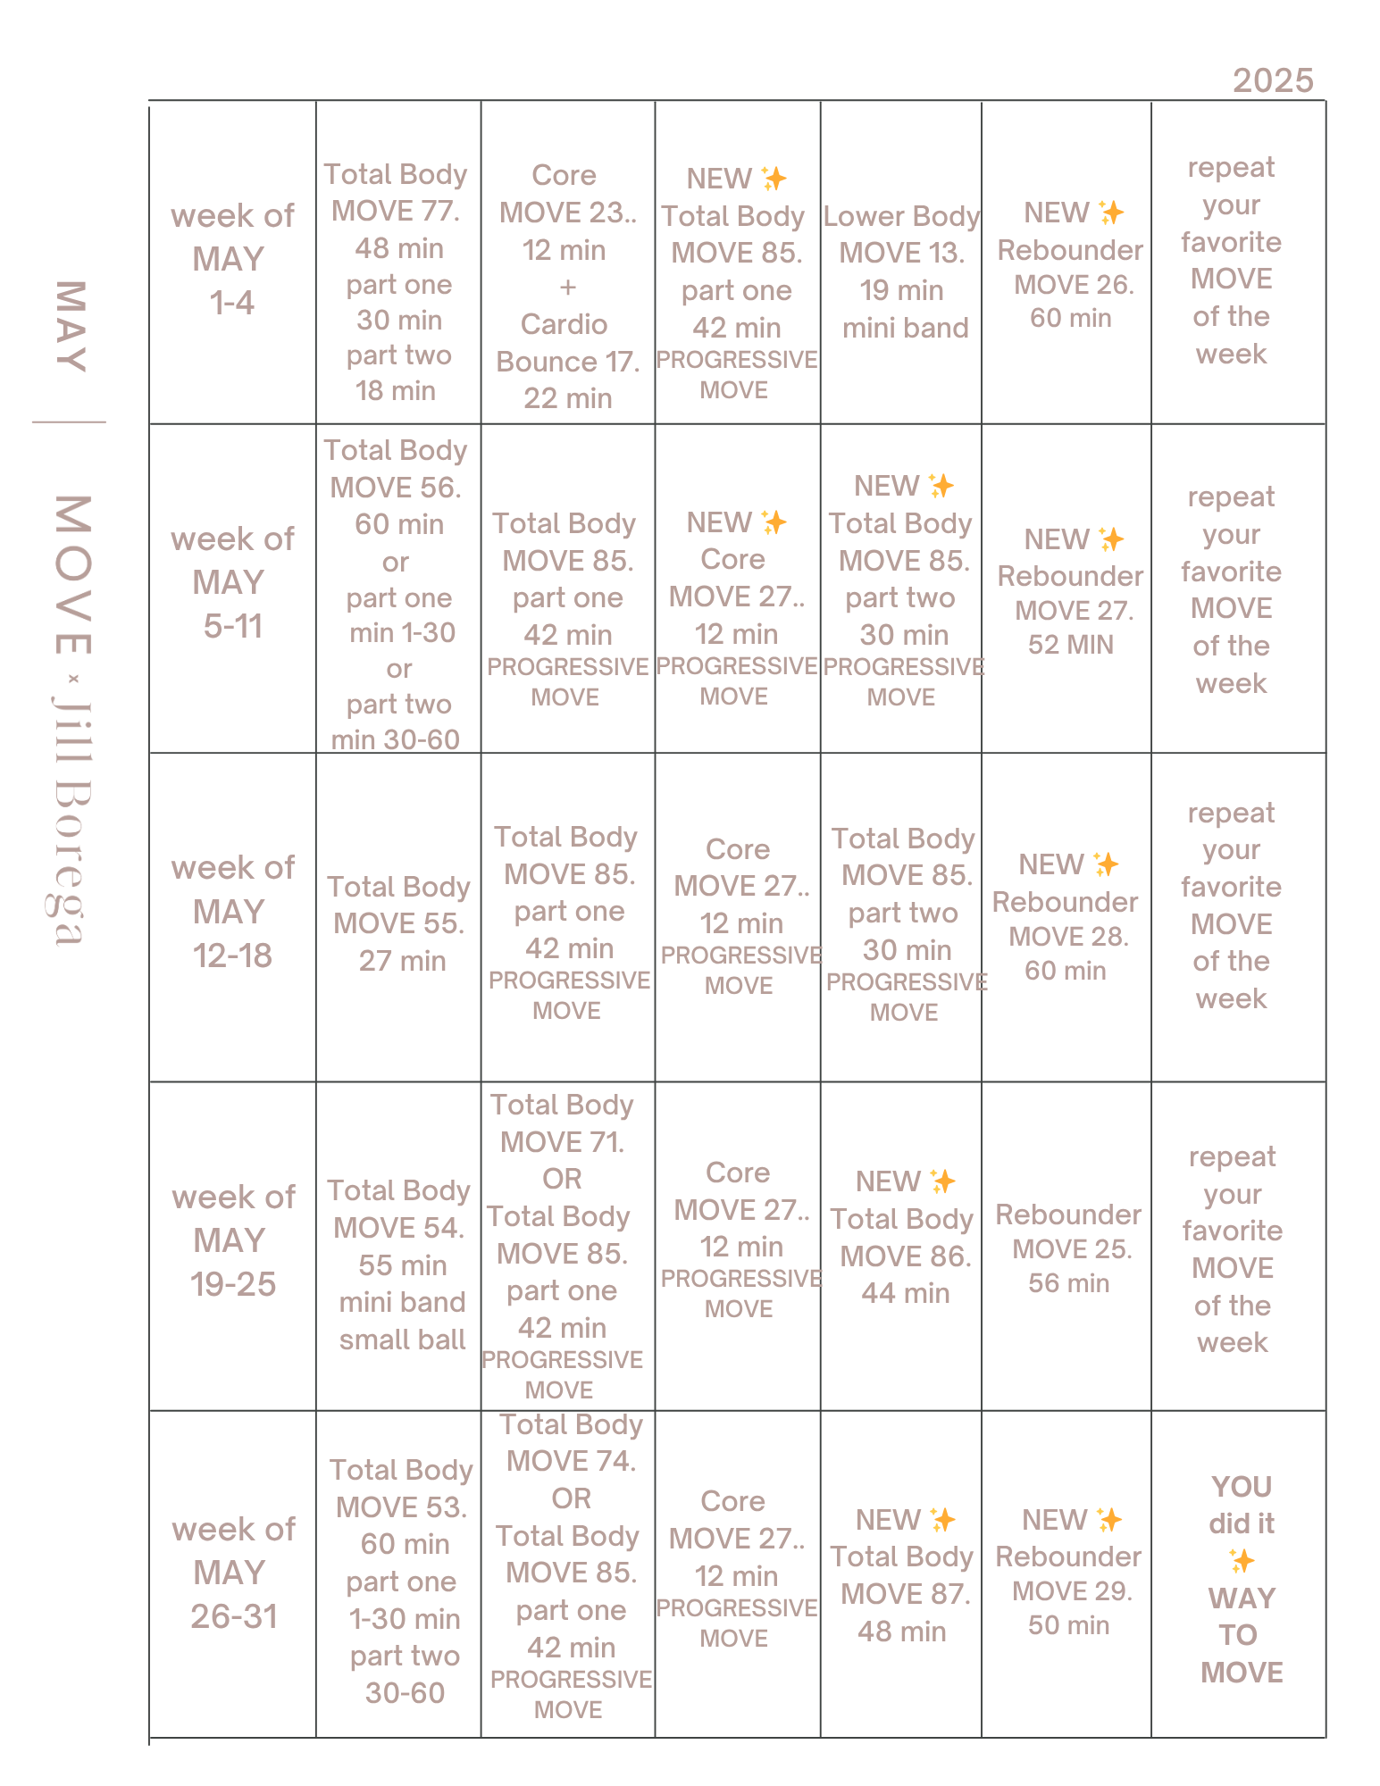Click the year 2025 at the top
[x=1272, y=80]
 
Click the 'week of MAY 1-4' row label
[x=232, y=260]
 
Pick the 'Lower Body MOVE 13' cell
[x=901, y=271]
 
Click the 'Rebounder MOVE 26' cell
[x=1070, y=265]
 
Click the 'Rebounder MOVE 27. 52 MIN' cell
[x=1070, y=592]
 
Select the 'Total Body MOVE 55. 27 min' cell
[x=398, y=923]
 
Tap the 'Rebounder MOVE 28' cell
[x=1066, y=918]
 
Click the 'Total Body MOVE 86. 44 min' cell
[x=902, y=1238]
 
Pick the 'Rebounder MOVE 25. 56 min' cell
[x=1068, y=1248]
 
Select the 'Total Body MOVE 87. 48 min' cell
[x=902, y=1575]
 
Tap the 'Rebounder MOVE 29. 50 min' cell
[x=1068, y=1573]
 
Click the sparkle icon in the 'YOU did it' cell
[x=1241, y=1561]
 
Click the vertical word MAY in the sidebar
[x=71, y=327]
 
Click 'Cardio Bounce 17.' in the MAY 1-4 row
[x=567, y=343]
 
